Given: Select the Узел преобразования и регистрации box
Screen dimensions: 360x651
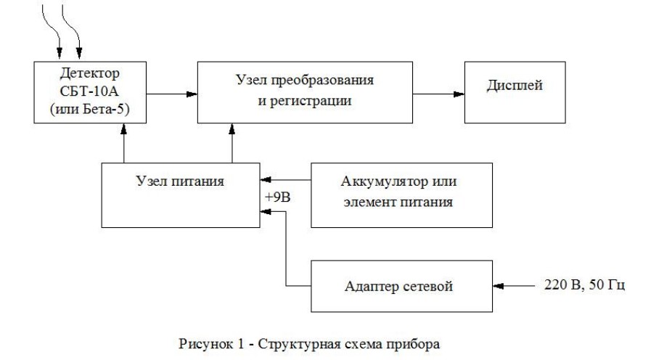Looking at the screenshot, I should pyautogui.click(x=306, y=92).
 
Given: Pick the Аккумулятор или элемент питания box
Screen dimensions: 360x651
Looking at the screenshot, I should pyautogui.click(x=401, y=194).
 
